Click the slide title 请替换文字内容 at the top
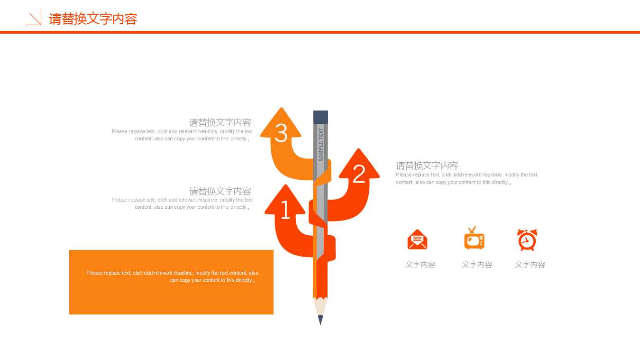click(x=93, y=19)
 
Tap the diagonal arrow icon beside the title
click(x=34, y=18)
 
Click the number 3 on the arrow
click(x=281, y=133)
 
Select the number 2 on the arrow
click(x=359, y=174)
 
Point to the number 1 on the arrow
click(x=285, y=210)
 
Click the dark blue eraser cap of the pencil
click(x=320, y=117)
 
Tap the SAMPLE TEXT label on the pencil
click(x=321, y=144)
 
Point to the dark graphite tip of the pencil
click(x=320, y=320)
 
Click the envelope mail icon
click(x=417, y=240)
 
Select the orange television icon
click(x=474, y=239)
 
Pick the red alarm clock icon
click(x=527, y=240)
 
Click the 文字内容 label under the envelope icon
click(x=421, y=265)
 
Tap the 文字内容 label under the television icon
click(x=477, y=265)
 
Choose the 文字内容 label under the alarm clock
click(x=530, y=265)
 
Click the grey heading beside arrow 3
click(x=220, y=123)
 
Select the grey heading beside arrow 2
click(x=427, y=166)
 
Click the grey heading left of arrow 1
click(x=220, y=191)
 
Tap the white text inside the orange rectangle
click(x=173, y=277)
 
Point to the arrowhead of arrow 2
click(x=359, y=161)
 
